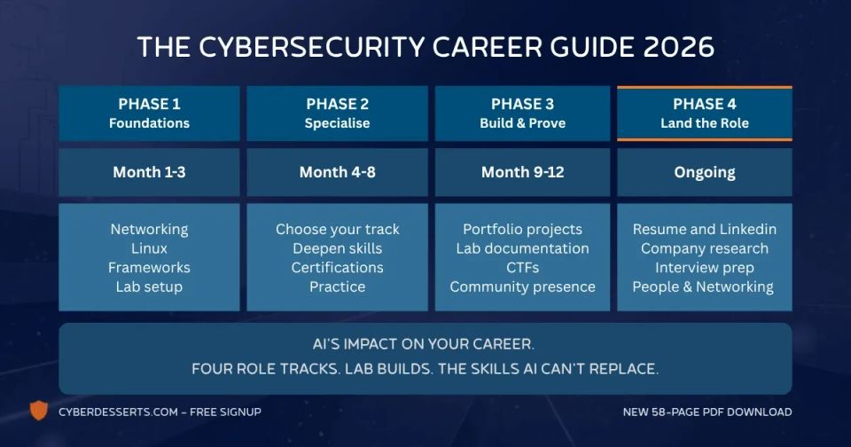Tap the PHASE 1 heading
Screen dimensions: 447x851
pos(149,104)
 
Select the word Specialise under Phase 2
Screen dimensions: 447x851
pos(337,123)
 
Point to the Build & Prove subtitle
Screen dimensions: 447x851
pos(522,123)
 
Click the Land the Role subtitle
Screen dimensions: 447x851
pos(704,123)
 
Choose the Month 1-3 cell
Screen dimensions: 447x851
pos(149,172)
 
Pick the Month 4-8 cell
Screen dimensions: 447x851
pos(337,172)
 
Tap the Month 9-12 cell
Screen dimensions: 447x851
pos(522,172)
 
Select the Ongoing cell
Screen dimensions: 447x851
pos(704,172)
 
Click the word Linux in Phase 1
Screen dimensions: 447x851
pos(149,248)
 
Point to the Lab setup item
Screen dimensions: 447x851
pos(149,286)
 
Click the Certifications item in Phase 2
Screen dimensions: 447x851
pos(337,267)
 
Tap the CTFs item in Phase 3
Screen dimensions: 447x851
pos(522,267)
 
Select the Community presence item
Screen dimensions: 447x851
pos(522,286)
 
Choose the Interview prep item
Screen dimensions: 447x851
pos(704,267)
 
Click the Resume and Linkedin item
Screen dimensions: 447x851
pos(704,229)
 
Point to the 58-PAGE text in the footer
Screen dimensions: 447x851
pos(683,412)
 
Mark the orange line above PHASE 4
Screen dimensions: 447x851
pos(704,88)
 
